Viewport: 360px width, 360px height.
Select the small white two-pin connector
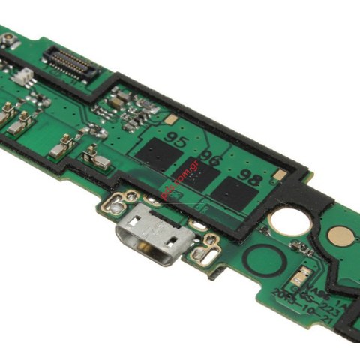(x=23, y=75)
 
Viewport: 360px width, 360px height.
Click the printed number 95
(x=177, y=139)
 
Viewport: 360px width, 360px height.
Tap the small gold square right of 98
(x=279, y=175)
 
